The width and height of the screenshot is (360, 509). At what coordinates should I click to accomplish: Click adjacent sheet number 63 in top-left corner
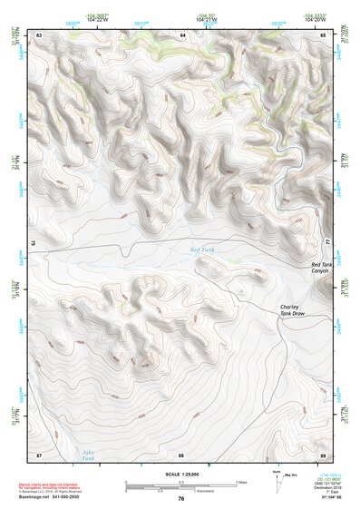39,34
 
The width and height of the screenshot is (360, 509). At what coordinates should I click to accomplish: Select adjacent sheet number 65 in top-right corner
324,34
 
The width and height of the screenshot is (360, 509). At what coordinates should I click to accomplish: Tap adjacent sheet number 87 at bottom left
39,454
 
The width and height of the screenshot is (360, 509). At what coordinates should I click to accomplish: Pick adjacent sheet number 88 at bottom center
181,454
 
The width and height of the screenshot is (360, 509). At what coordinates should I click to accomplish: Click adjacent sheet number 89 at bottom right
323,454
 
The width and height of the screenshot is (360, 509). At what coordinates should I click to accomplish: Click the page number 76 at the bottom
181,498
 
